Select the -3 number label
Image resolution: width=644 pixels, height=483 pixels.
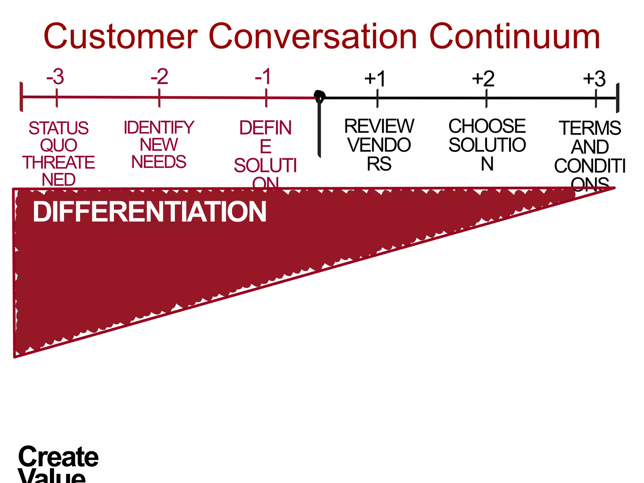coord(55,76)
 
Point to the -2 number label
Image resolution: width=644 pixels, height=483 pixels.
coord(159,76)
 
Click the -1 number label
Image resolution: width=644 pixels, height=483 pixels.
coord(263,76)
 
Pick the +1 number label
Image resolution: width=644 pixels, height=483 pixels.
coord(375,79)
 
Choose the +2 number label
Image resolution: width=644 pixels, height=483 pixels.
coord(483,79)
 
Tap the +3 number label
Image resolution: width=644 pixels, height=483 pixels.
coord(594,79)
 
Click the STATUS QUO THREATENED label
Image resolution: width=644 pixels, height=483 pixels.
coord(58,153)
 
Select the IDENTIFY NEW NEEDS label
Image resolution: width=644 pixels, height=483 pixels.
coord(159,145)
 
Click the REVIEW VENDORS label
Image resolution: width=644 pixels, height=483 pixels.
coord(379,145)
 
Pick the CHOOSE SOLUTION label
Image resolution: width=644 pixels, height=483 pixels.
coord(487,145)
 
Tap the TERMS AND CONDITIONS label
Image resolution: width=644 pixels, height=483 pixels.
coord(590,156)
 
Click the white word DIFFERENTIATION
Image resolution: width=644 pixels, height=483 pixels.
coord(150,212)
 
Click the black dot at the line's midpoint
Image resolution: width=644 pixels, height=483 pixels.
coord(319,96)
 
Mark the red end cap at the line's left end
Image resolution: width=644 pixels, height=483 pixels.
coord(21,97)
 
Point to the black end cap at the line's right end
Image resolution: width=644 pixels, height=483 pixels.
coord(618,98)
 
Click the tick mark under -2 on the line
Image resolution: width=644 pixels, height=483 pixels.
coord(159,98)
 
